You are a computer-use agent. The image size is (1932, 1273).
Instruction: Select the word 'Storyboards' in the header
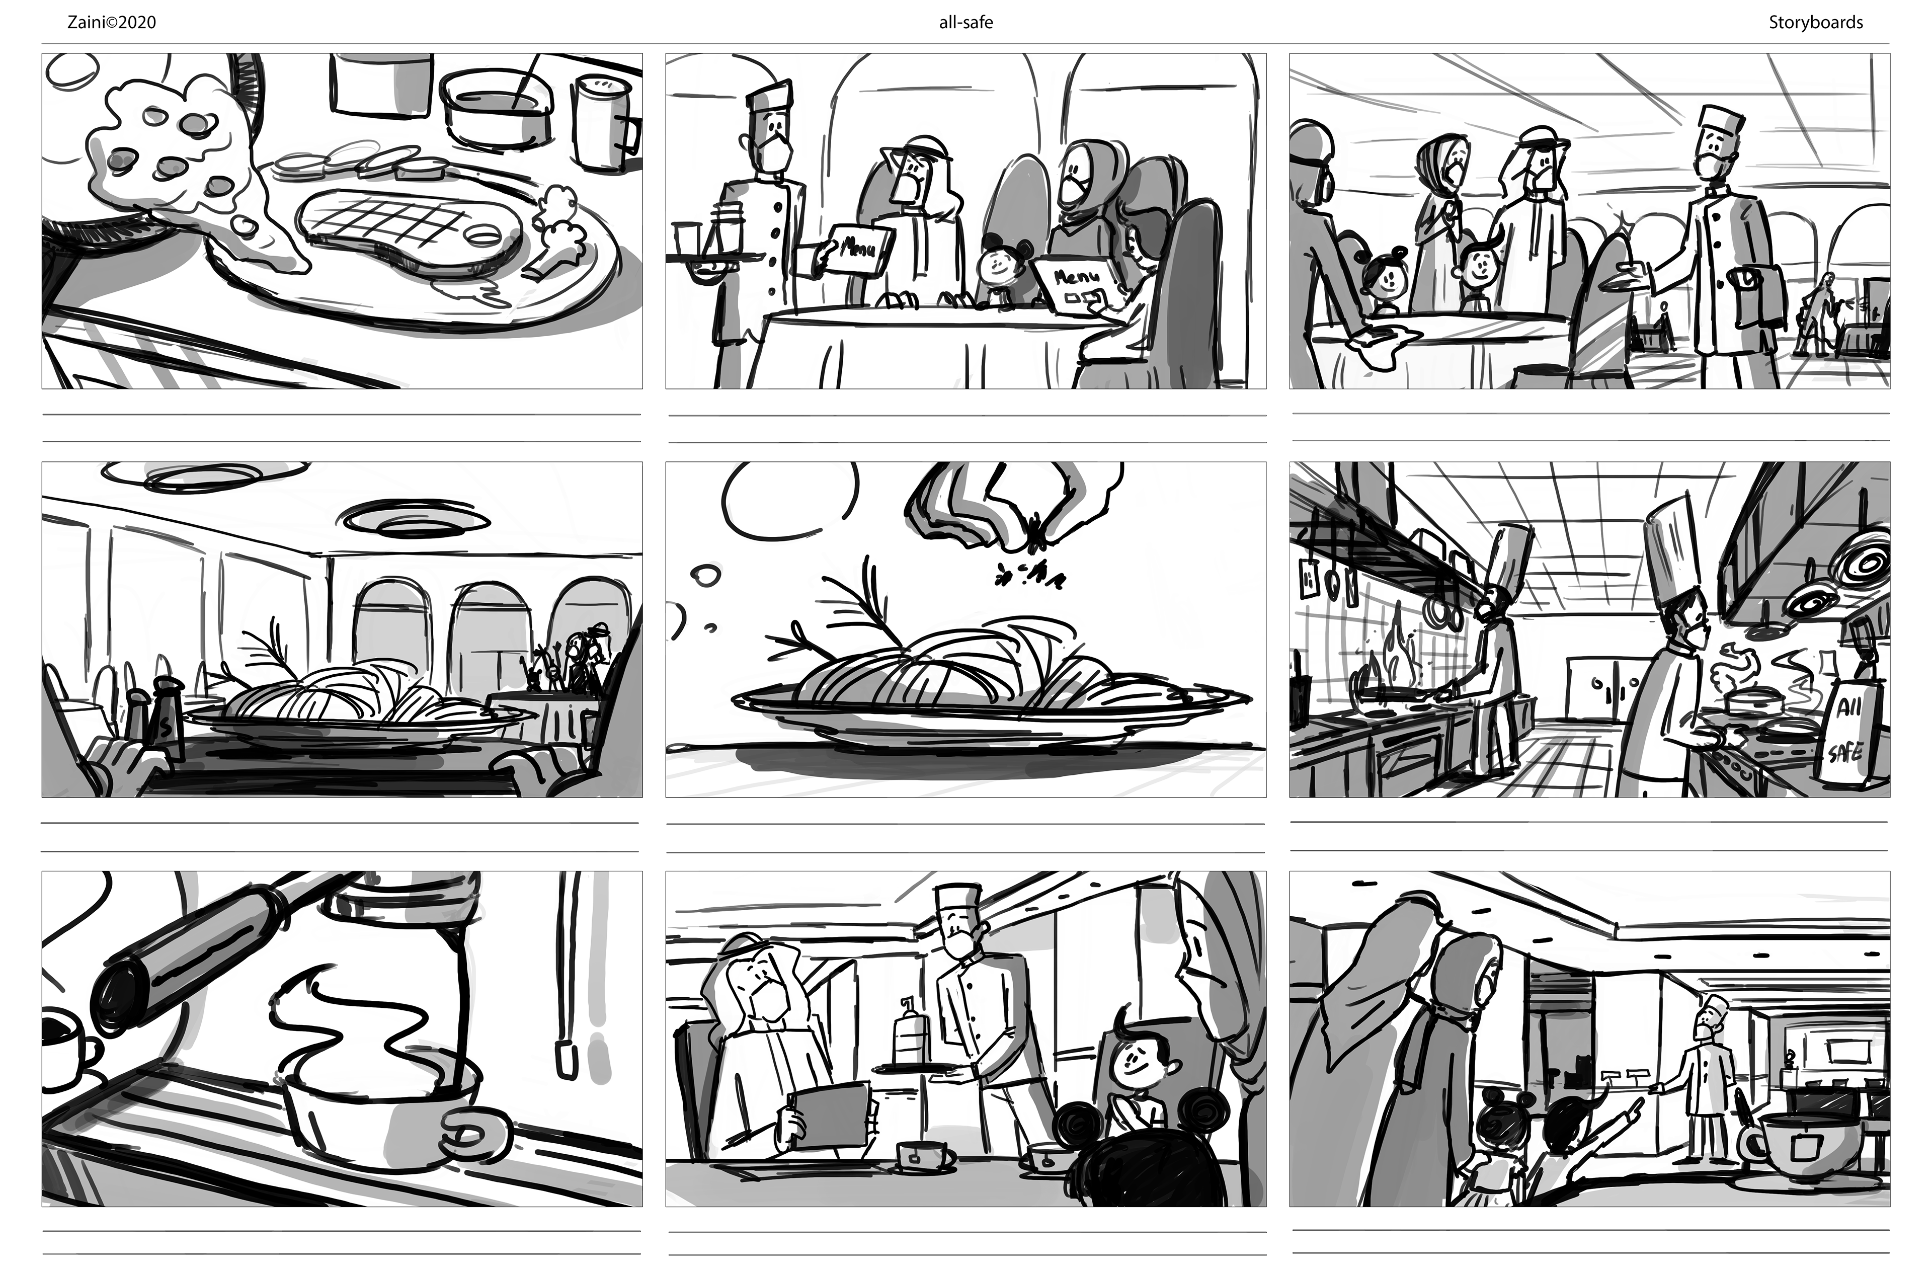click(x=1816, y=23)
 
